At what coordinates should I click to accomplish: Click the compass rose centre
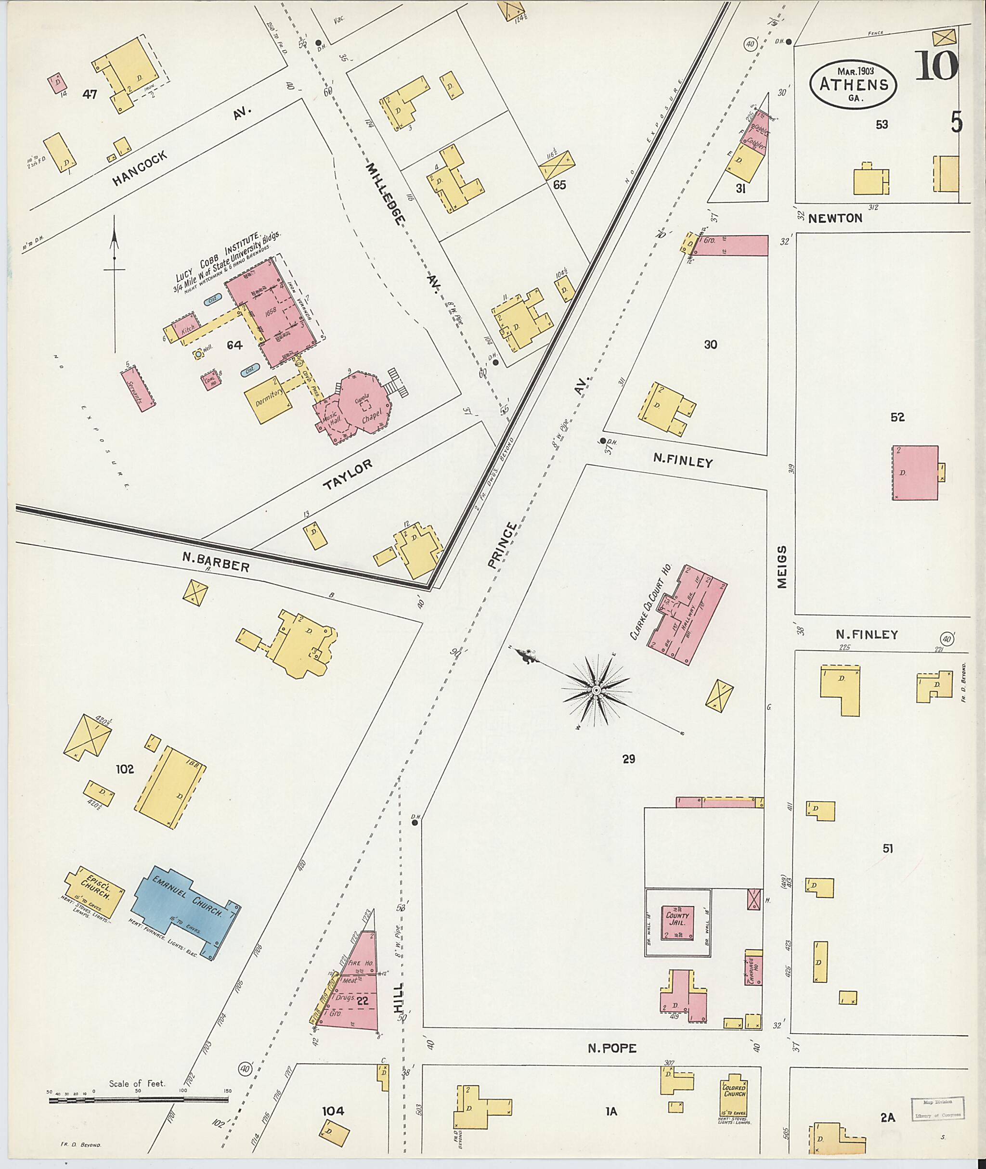coord(596,691)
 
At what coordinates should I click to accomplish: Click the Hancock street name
coord(139,169)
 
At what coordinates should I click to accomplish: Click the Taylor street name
coord(347,475)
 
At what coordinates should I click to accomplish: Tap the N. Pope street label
coord(611,1048)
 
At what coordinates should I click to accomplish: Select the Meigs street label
coord(781,567)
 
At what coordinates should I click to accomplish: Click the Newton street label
coord(835,218)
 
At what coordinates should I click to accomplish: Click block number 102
coord(125,769)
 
